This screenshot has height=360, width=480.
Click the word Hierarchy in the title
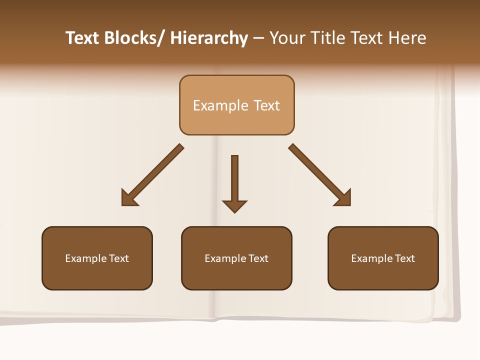click(209, 38)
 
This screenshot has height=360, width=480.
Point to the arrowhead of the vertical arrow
click(234, 205)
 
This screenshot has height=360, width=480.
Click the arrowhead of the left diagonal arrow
click(128, 199)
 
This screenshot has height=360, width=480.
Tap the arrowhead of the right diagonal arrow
click(344, 199)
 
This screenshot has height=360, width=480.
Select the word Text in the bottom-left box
click(119, 258)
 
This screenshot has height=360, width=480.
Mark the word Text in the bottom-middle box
click(258, 258)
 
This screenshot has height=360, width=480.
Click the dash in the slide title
click(258, 38)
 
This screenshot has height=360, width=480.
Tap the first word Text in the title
click(83, 38)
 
